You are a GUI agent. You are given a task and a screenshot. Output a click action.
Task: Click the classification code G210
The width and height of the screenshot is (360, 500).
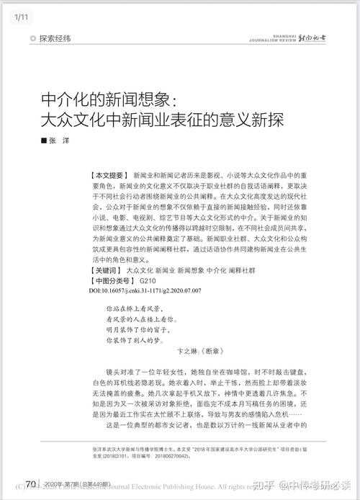pyautogui.click(x=148, y=280)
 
